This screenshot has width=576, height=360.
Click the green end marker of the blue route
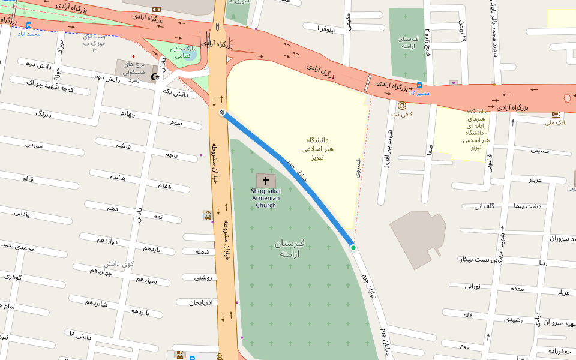353,247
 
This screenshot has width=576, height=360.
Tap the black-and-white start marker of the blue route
222,112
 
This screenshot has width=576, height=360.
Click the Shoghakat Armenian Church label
266,197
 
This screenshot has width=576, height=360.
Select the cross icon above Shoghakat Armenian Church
266,181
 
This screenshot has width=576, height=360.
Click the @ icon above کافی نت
401,105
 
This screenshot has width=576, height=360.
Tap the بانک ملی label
556,123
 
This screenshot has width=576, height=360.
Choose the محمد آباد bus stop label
29,34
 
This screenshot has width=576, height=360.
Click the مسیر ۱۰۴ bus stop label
419,93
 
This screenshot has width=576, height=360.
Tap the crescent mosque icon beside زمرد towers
156,77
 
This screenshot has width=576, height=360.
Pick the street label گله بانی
484,206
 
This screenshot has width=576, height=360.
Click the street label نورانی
472,286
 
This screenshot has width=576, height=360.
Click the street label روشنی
204,277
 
